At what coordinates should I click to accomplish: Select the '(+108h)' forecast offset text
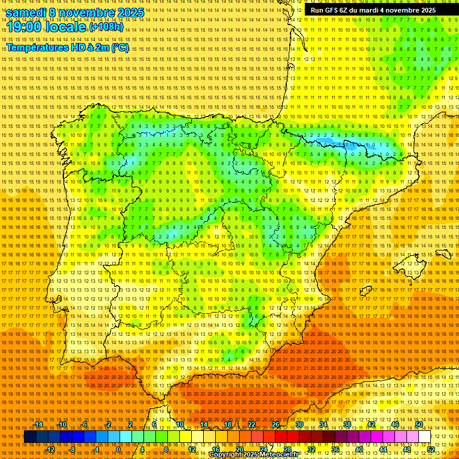pos(106,27)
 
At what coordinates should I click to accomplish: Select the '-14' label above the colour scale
pos(38,424)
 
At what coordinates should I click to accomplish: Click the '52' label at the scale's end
pos(431,449)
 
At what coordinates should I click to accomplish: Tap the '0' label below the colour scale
pos(118,449)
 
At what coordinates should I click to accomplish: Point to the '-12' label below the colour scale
pos(50,449)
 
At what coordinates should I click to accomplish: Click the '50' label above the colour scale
pos(419,424)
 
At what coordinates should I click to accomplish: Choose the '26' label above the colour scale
pos(276,424)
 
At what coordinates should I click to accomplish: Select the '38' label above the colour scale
pos(347,424)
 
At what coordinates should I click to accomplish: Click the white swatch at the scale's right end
pos(425,437)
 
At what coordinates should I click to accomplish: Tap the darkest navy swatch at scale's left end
pos(30,437)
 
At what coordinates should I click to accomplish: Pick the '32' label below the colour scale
pos(311,449)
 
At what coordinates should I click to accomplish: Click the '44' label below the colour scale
pos(383,449)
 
